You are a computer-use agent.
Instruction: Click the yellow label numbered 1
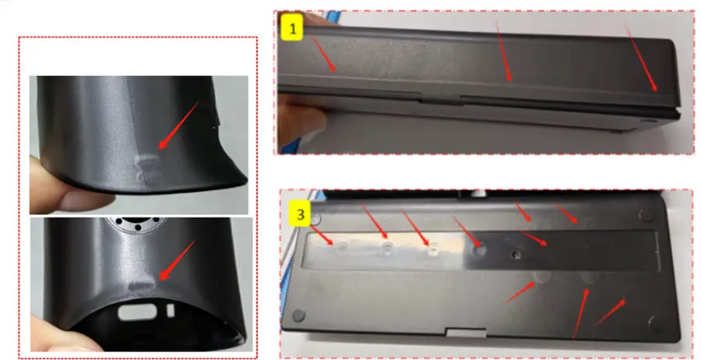point(293,30)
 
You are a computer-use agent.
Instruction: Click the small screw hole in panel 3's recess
point(515,254)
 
